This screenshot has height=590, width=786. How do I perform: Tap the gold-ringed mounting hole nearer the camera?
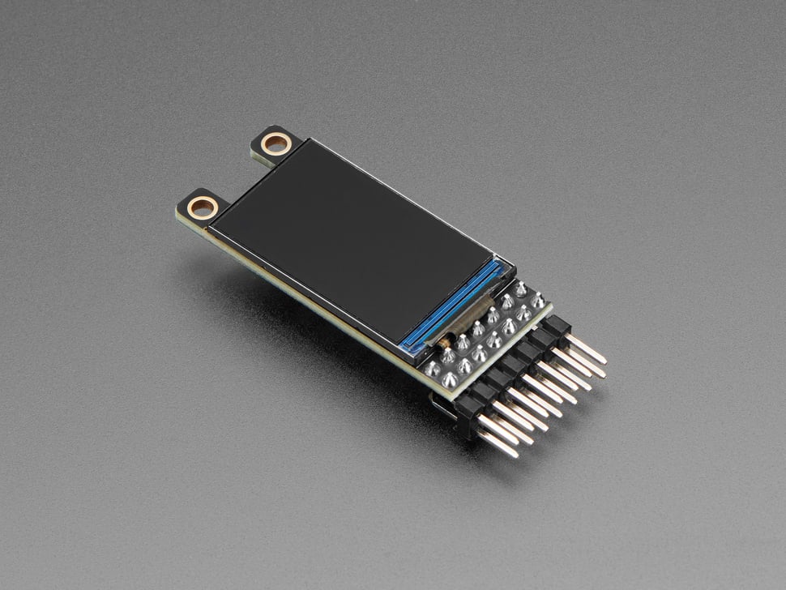203,207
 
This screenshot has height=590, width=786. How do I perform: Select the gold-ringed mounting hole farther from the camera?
276,145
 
